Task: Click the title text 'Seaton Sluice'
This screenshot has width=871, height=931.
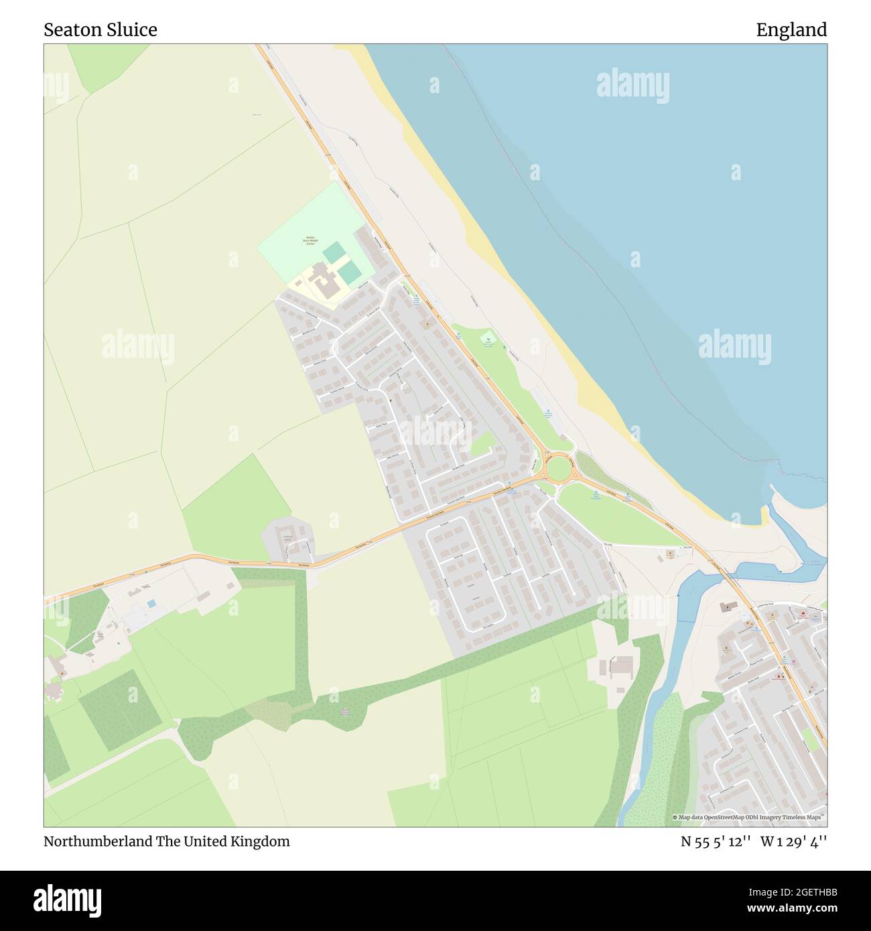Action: point(100,30)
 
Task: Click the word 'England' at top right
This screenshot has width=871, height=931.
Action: point(791,30)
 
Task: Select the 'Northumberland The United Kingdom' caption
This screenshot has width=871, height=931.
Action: point(167,841)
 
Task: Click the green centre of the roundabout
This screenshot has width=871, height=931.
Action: point(557,467)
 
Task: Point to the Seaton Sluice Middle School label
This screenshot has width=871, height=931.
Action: point(310,241)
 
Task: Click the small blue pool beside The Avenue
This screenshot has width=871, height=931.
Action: point(152,603)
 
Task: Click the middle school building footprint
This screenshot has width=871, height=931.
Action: point(323,281)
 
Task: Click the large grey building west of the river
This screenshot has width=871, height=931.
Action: point(621,665)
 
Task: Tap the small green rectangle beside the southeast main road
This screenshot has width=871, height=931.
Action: point(810,740)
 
